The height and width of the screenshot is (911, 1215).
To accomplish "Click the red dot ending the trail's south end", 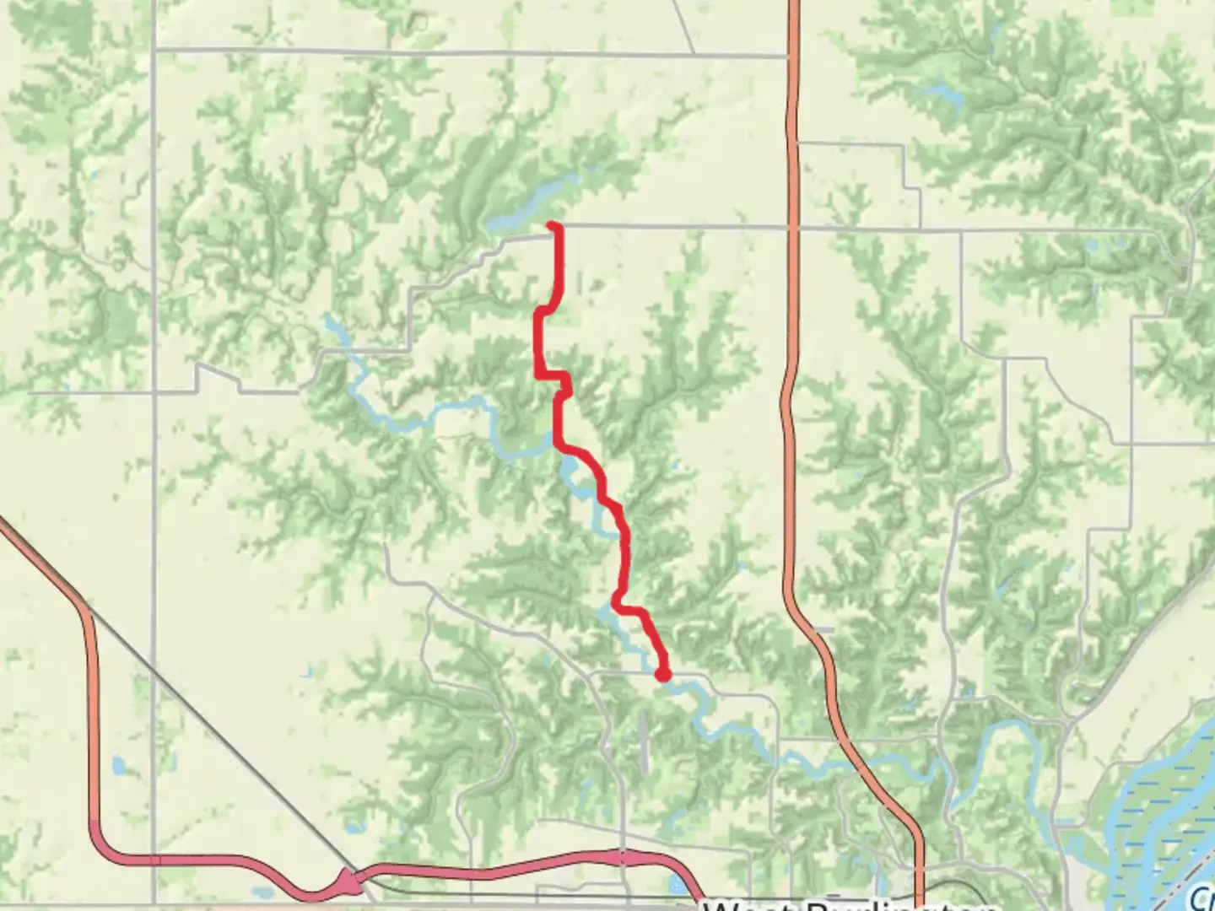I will coord(663,674).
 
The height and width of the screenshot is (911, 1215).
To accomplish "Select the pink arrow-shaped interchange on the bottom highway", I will coord(348,883).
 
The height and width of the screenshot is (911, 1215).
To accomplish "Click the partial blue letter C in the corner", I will coord(1207,896).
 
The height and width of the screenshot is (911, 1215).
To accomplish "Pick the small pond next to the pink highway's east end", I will coord(678,886).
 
